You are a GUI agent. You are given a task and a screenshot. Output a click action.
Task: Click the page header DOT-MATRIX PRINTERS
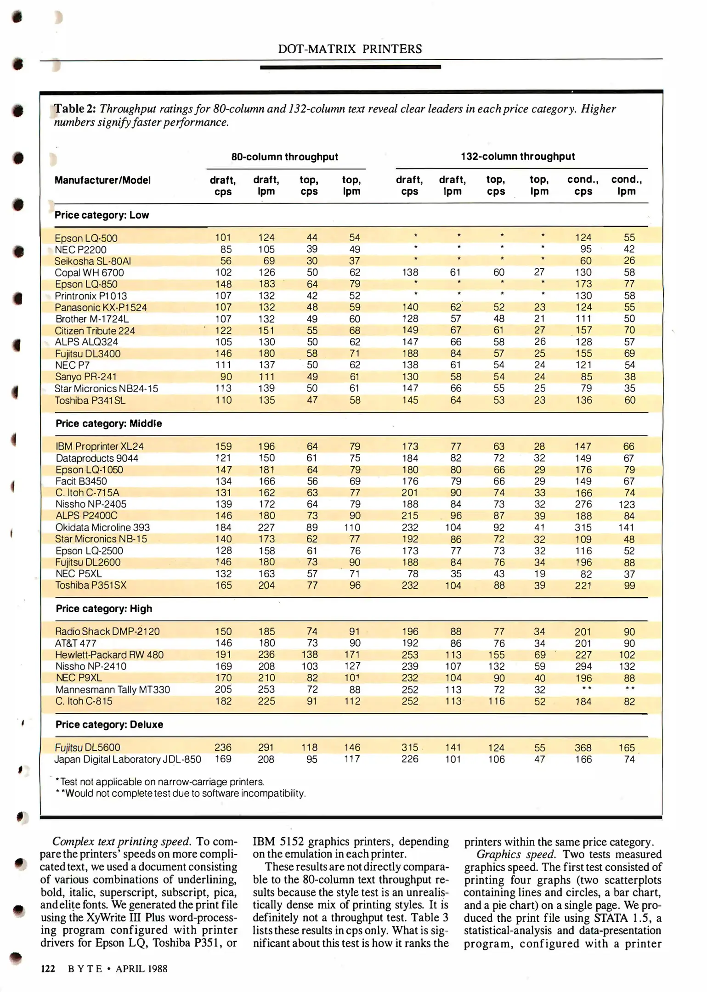click(x=350, y=49)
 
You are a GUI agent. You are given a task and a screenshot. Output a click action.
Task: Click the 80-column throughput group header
click(x=284, y=157)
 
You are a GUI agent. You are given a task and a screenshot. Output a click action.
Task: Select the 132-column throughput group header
click(x=518, y=157)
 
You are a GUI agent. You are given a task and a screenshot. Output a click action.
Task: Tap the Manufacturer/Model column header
click(x=102, y=180)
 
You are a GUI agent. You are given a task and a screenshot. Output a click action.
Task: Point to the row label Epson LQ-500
click(x=86, y=238)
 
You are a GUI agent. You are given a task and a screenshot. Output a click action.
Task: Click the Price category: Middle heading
click(x=109, y=423)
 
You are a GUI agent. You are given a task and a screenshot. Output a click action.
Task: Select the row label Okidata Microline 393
click(x=102, y=528)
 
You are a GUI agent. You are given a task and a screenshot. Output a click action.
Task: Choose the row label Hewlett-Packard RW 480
click(x=109, y=655)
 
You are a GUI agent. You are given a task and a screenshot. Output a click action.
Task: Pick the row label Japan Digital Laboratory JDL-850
click(x=128, y=760)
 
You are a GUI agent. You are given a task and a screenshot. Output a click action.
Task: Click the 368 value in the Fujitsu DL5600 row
click(x=583, y=748)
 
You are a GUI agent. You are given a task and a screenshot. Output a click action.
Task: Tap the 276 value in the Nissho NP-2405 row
click(x=583, y=504)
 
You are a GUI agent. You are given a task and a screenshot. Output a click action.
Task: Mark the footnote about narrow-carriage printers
click(x=159, y=782)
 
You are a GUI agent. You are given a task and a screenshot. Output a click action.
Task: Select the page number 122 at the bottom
click(x=48, y=969)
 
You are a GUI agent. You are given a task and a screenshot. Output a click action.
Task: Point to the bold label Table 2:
click(x=75, y=109)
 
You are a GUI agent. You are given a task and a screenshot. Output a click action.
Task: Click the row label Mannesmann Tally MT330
click(x=113, y=690)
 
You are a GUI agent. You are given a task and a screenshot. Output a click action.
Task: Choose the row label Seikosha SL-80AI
click(x=93, y=261)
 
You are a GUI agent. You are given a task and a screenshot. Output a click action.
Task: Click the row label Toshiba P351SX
click(x=91, y=586)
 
